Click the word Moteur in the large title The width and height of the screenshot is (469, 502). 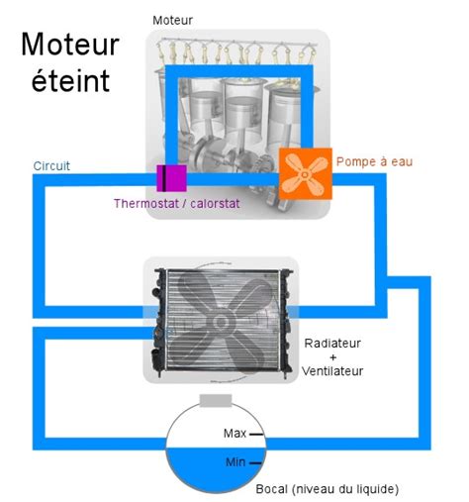pyautogui.click(x=70, y=45)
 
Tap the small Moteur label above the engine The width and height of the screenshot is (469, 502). pyautogui.click(x=174, y=20)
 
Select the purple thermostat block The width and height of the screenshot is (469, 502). pyautogui.click(x=171, y=179)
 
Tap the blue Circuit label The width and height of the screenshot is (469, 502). pyautogui.click(x=51, y=165)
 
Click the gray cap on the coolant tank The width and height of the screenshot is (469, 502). pyautogui.click(x=216, y=401)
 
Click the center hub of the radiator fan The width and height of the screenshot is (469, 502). pyautogui.click(x=220, y=319)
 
